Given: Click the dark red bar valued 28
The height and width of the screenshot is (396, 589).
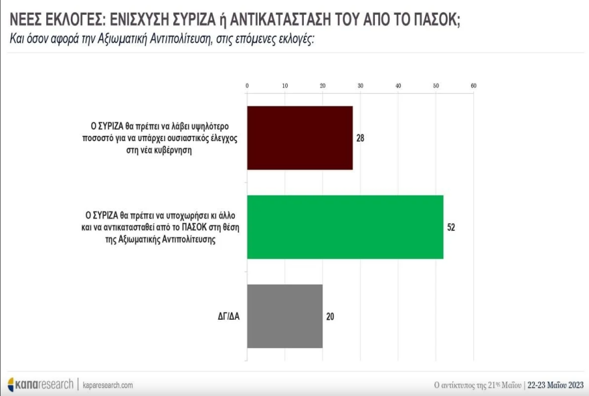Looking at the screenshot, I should [300, 138].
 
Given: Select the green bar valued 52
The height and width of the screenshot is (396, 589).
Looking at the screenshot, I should [345, 227].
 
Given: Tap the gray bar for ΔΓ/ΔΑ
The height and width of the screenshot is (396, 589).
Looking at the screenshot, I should [285, 316].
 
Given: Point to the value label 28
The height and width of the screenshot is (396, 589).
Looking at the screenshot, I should [361, 138].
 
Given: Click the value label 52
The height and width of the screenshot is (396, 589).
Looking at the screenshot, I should [451, 227].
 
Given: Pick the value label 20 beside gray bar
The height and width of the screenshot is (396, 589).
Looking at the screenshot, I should [330, 316].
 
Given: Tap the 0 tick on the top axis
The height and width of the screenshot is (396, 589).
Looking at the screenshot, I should [248, 86].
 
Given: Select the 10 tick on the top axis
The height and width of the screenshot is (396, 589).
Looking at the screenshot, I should [285, 86].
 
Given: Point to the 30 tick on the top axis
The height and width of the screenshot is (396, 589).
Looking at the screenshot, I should [361, 86].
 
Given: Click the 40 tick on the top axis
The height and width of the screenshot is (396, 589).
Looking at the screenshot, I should [398, 86].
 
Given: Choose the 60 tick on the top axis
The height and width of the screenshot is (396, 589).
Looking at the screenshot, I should [473, 86].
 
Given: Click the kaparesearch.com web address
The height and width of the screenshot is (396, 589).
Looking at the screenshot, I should [108, 385].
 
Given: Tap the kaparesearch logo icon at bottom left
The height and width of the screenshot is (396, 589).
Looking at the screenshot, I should [12, 385].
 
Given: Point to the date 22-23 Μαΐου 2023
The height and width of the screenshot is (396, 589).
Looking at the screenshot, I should [555, 385].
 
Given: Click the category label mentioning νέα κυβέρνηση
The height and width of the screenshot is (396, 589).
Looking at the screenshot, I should [165, 138].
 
